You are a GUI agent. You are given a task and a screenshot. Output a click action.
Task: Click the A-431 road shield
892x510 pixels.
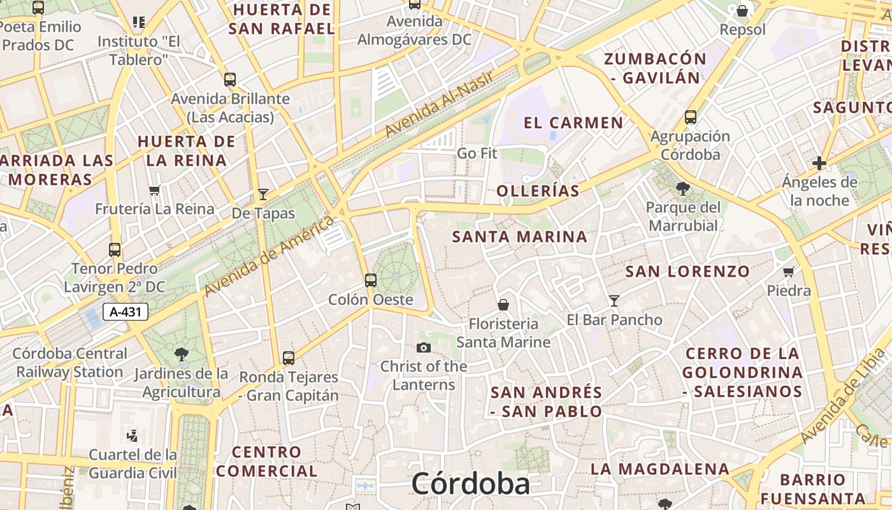tap(126, 312)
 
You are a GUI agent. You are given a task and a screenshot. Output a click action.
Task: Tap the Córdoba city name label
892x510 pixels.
tap(470, 484)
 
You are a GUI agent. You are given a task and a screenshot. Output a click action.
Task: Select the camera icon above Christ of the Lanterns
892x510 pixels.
tap(423, 347)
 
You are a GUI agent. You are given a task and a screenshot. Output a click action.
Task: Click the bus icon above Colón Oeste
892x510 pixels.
tap(370, 280)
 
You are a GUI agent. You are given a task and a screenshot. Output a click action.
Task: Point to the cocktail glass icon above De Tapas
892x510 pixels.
tap(263, 194)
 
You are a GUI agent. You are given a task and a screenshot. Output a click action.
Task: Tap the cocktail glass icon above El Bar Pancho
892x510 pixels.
tap(614, 300)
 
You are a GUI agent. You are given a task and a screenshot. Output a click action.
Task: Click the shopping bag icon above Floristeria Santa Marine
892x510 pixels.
tap(503, 305)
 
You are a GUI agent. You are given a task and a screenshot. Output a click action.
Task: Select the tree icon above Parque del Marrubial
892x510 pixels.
tap(683, 189)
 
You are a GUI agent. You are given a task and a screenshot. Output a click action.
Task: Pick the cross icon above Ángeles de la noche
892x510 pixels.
tap(819, 163)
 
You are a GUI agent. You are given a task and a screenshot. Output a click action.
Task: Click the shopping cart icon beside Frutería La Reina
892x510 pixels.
tap(154, 190)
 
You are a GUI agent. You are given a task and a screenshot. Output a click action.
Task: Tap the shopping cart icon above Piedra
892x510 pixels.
tap(789, 272)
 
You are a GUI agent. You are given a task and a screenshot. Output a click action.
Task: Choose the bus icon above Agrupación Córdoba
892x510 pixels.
tap(691, 117)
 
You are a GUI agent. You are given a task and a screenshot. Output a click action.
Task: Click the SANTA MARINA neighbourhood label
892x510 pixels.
tap(519, 237)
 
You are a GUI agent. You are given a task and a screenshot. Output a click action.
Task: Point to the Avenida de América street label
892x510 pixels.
tap(270, 256)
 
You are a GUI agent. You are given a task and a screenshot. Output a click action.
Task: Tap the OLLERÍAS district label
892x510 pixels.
tap(538, 191)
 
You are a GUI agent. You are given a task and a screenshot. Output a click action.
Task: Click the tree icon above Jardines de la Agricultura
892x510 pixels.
tap(181, 354)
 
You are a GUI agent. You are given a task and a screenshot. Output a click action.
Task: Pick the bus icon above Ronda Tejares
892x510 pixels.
tap(289, 358)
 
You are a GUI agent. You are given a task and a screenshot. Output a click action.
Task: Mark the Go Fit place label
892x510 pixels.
tap(477, 154)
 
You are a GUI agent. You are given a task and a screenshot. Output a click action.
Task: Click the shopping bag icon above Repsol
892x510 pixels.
tap(742, 11)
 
